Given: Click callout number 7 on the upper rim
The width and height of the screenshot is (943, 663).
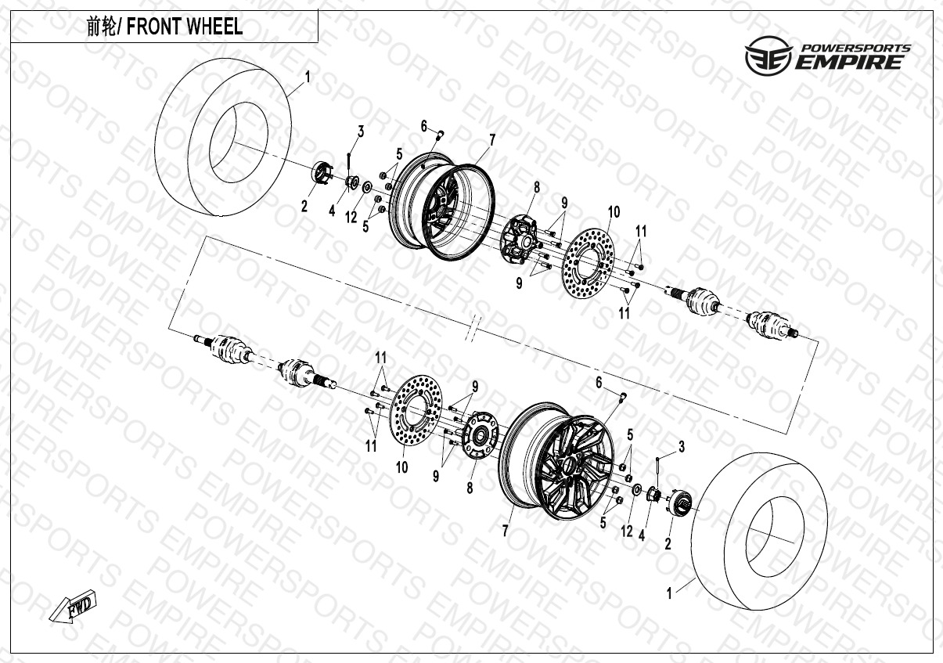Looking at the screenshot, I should (x=492, y=140).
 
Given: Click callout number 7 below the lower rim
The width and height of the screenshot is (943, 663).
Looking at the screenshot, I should (x=506, y=531).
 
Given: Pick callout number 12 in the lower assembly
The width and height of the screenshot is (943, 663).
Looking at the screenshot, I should (x=627, y=531).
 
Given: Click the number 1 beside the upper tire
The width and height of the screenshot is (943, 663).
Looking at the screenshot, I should (x=308, y=77).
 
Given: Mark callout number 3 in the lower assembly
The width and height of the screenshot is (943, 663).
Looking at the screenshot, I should (x=681, y=447).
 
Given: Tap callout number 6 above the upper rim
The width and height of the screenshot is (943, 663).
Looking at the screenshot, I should (x=423, y=127).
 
